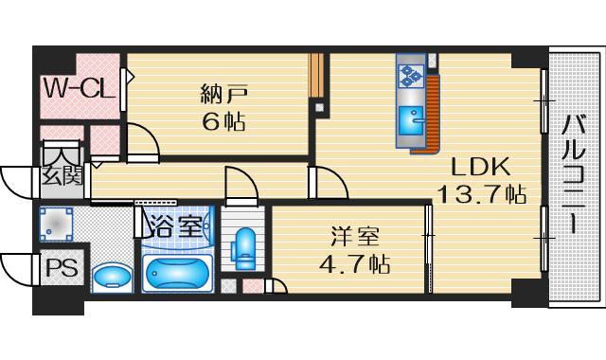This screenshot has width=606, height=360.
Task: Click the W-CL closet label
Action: coord(79,91)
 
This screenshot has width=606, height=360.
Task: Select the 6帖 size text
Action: coord(222,121)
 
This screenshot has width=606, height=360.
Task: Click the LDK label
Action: coord(480,167)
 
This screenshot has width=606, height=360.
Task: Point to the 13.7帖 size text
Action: coord(481,194)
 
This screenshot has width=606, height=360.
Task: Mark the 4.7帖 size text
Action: coord(351,261)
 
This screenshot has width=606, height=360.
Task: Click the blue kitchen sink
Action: coord(411,122)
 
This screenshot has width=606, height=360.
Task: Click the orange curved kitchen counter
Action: coord(434,114)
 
